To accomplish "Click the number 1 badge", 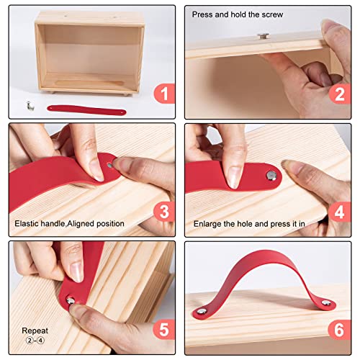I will (163, 93).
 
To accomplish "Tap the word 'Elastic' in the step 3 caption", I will (29, 224).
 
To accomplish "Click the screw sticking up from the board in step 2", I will (262, 34).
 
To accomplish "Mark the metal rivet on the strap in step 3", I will (109, 164).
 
